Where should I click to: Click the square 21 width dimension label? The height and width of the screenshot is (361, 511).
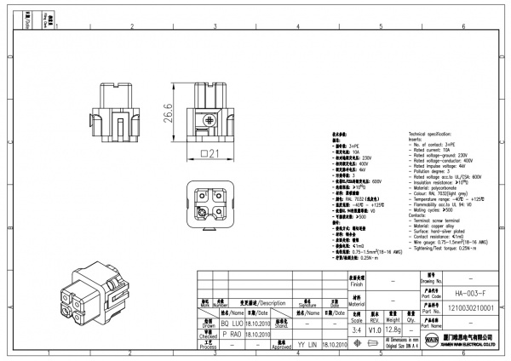[210, 153]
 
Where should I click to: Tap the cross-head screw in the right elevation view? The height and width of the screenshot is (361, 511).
[210, 121]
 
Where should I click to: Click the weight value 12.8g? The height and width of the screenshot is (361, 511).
[393, 329]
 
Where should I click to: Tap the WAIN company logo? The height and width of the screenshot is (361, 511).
[432, 341]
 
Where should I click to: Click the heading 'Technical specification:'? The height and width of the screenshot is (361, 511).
[438, 135]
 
